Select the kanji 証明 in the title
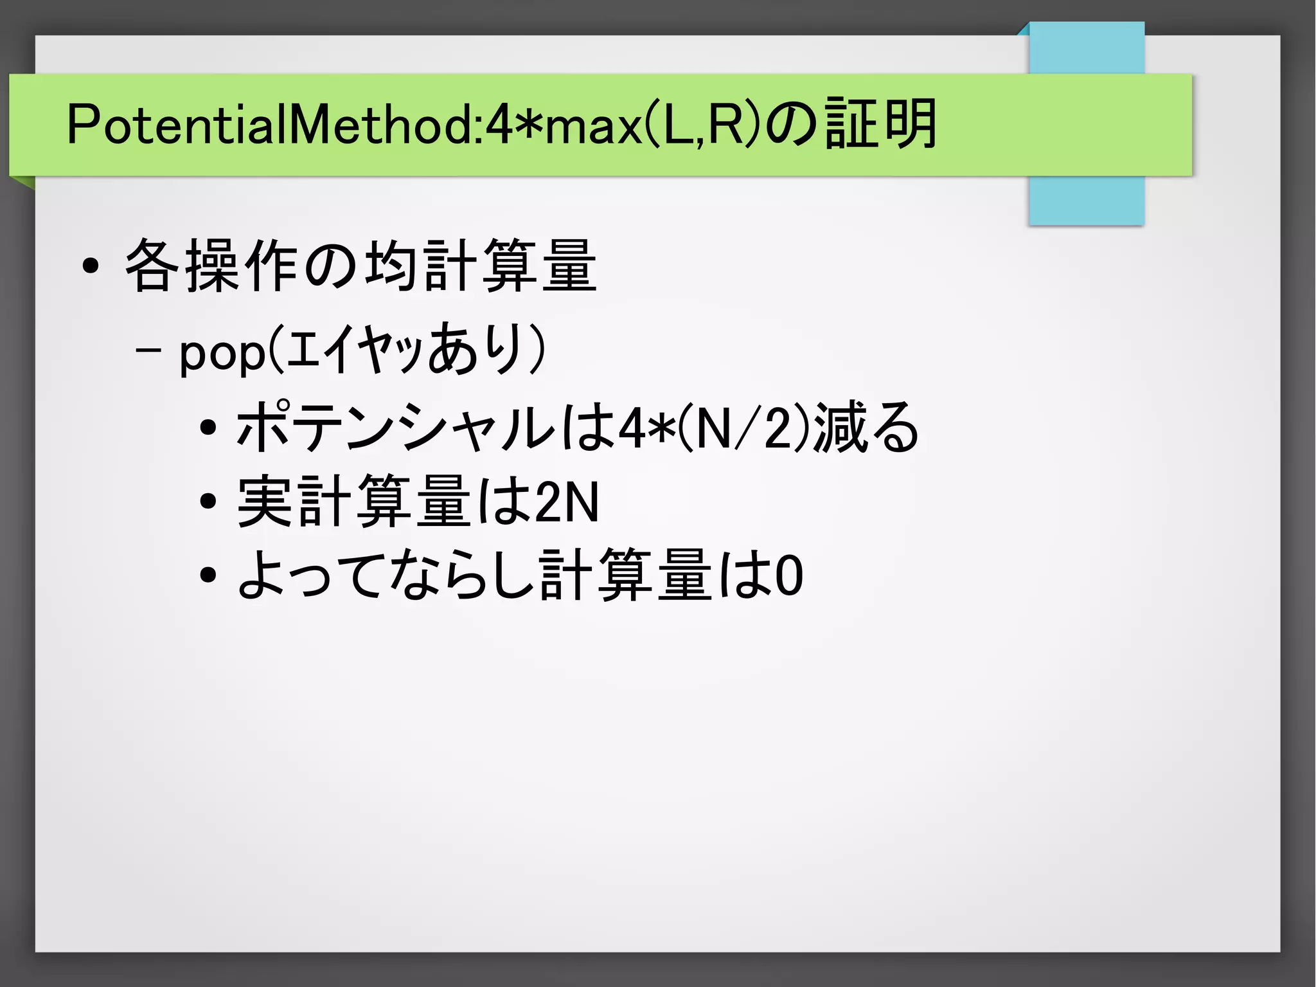[880, 124]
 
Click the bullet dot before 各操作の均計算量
[91, 266]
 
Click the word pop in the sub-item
[222, 352]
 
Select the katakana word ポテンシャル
[395, 426]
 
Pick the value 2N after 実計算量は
[566, 502]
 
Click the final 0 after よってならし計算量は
[789, 575]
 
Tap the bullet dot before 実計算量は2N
[208, 502]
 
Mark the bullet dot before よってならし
[208, 575]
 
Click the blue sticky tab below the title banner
[1086, 201]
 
